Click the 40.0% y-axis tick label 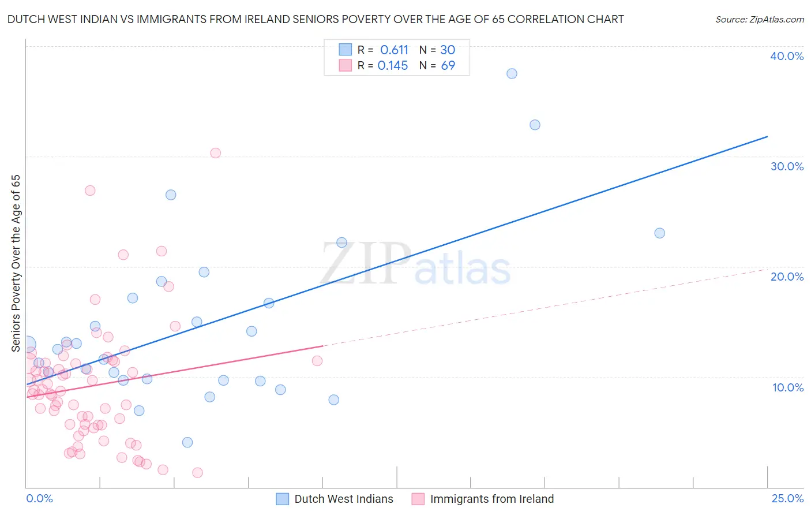[787, 56]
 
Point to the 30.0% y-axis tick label [787, 166]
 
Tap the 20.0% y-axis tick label [787, 277]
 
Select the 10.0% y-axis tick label [788, 387]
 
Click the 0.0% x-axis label [39, 498]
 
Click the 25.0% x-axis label [787, 498]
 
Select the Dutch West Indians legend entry [343, 499]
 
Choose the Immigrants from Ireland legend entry [491, 499]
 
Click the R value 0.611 [394, 50]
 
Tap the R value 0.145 [393, 66]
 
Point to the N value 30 [448, 50]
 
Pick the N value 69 [448, 66]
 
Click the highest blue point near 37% [512, 74]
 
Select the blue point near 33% [535, 125]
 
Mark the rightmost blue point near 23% [659, 233]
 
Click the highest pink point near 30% [215, 153]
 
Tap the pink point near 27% [90, 191]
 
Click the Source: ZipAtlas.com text [759, 20]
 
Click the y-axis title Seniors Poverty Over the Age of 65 [16, 263]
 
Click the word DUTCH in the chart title [23, 20]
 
